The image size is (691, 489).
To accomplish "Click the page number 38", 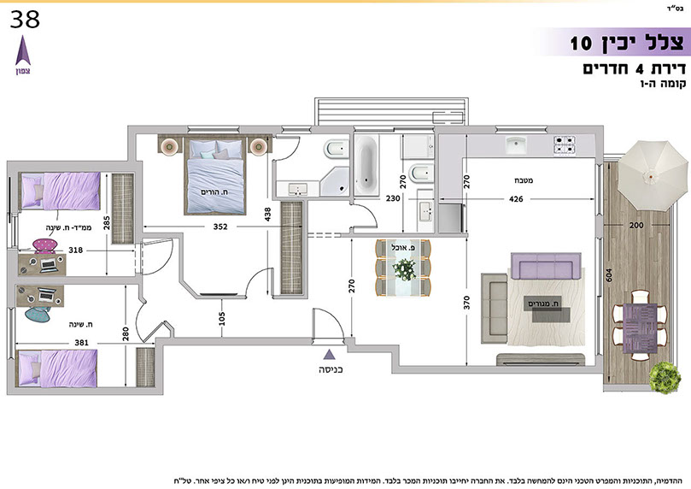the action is [25, 20].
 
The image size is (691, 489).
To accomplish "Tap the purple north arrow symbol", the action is [23, 50].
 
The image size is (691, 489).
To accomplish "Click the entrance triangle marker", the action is [329, 354].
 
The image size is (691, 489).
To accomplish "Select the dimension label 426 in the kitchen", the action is [516, 199].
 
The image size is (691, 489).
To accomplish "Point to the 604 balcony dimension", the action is [609, 276].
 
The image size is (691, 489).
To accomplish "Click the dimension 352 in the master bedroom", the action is [220, 227].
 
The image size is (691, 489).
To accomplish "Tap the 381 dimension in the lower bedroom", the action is [81, 342].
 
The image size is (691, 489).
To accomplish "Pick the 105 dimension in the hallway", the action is [222, 318].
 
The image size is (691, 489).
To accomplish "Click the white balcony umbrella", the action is [653, 176].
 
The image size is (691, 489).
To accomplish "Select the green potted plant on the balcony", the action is [665, 378].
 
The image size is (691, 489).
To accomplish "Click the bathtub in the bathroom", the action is [366, 165].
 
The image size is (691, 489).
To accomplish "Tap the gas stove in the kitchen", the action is [565, 145].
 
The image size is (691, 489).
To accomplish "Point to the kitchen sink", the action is [516, 145].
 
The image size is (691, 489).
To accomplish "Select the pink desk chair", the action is [45, 245].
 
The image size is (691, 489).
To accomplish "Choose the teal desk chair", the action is [38, 314].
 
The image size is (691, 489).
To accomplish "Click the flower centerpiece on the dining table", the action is [404, 269].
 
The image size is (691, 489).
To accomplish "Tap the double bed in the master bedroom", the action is [214, 176].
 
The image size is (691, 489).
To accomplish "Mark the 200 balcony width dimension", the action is [636, 225].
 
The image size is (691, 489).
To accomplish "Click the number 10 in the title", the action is [581, 44].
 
